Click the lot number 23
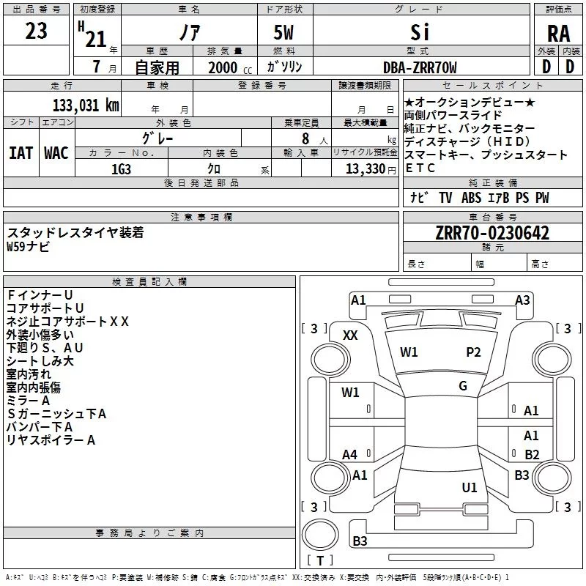click(36, 31)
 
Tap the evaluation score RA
click(558, 34)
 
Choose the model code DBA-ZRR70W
click(420, 68)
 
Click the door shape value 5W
click(284, 34)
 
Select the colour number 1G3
click(121, 168)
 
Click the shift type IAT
click(21, 153)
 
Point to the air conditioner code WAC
click(56, 153)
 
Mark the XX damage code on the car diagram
click(351, 335)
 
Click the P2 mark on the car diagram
click(474, 352)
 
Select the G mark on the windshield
click(463, 386)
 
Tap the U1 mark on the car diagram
click(470, 487)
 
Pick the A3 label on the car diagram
click(522, 300)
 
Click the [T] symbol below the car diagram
click(319, 561)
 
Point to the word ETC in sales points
click(420, 168)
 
